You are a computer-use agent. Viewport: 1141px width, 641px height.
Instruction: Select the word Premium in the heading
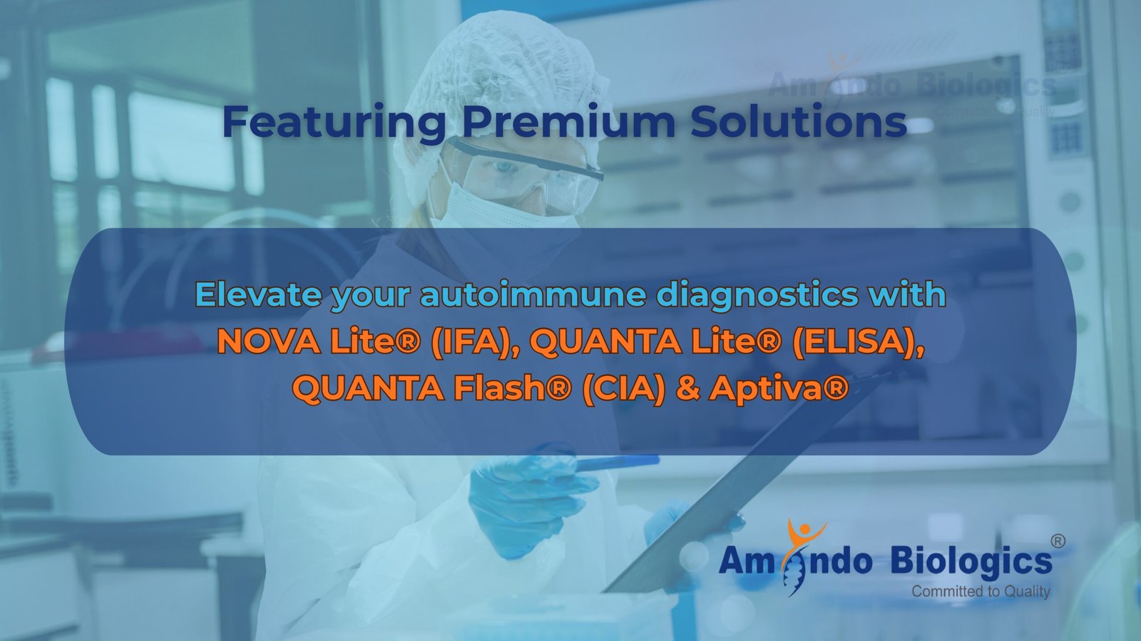568,121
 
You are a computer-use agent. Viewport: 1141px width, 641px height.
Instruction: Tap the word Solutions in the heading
799,121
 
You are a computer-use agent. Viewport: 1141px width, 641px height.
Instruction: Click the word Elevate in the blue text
258,294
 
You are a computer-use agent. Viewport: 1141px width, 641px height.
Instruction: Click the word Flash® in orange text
513,388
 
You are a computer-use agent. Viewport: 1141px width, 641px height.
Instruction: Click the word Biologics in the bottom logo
971,562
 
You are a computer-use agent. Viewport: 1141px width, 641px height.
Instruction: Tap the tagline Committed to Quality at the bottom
981,592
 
